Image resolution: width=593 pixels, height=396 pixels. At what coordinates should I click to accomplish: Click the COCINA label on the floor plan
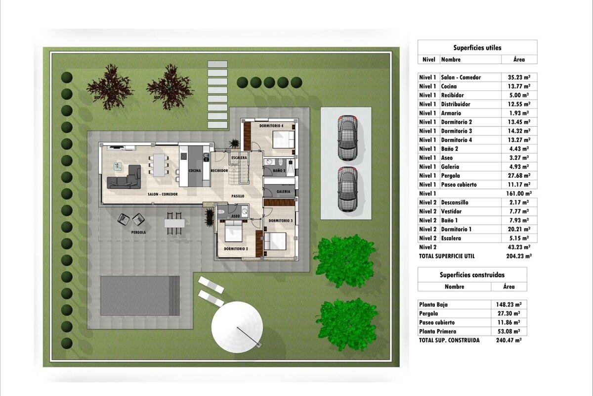(195, 171)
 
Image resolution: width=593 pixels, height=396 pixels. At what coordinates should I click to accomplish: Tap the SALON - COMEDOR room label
(163, 194)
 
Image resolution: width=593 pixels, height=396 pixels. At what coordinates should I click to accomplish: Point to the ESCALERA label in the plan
(239, 157)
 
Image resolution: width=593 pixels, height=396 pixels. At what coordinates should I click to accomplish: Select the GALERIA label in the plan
(283, 192)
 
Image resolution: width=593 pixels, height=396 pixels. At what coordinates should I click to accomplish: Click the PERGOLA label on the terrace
(138, 232)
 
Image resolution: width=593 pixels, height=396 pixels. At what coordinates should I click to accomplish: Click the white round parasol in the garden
(237, 327)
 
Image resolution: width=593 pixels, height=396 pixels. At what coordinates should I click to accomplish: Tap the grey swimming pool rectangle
(140, 296)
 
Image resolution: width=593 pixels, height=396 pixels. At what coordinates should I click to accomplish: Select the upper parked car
(347, 138)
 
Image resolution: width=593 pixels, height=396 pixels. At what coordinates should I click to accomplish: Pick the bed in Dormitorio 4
(284, 139)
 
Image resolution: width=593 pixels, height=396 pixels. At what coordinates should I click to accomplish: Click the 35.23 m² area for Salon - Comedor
(519, 77)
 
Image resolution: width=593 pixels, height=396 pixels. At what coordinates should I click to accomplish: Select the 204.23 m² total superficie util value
(519, 256)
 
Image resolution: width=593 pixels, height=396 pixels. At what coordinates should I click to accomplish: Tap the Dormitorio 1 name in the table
(456, 229)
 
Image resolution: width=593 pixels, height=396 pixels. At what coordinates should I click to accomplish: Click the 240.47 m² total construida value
(509, 340)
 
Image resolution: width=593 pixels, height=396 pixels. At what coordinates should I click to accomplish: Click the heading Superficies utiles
(477, 48)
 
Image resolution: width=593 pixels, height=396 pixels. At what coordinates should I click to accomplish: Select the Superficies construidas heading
(472, 275)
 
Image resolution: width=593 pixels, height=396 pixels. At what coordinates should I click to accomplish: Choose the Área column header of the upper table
(519, 59)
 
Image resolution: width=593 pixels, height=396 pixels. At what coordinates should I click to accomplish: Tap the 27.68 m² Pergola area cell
(519, 176)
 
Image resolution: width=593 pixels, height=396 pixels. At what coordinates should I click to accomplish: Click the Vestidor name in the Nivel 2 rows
(451, 211)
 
